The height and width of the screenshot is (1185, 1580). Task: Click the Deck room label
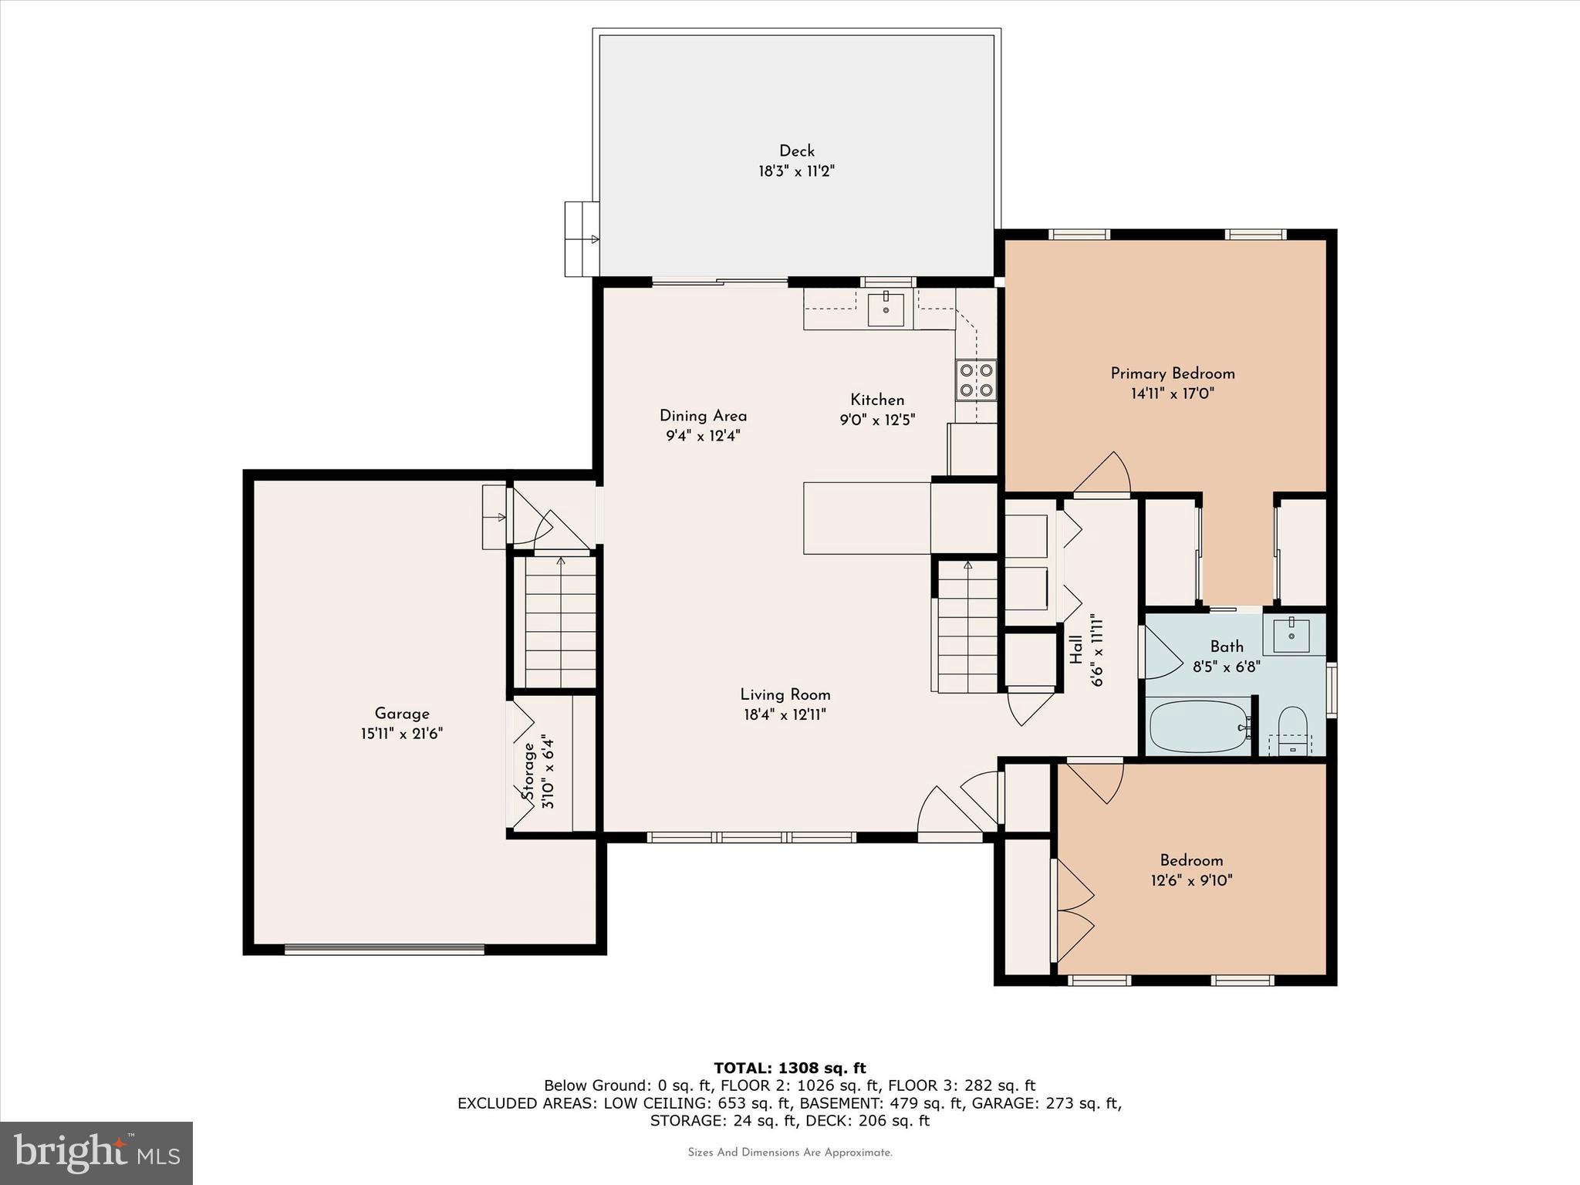(796, 151)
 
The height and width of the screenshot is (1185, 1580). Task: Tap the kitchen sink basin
(886, 309)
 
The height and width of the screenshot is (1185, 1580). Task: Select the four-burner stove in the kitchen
(976, 380)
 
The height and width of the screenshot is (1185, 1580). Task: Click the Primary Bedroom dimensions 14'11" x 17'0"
(1172, 393)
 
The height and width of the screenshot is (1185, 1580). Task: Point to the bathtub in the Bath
(1199, 727)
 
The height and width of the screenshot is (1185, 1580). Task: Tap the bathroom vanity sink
(1291, 635)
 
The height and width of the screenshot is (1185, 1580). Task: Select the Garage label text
(401, 714)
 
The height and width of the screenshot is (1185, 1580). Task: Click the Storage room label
(529, 771)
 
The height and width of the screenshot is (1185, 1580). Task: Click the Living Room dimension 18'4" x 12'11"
(785, 715)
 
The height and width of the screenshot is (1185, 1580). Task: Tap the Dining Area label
(703, 416)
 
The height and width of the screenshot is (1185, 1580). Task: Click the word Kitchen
(877, 400)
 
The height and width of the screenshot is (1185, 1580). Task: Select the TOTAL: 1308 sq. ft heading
(789, 1068)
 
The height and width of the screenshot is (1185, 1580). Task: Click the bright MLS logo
(96, 1153)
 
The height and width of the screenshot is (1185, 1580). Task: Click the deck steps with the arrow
(582, 239)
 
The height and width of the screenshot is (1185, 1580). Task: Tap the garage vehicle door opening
(384, 950)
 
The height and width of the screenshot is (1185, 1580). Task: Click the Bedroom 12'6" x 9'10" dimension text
(1191, 880)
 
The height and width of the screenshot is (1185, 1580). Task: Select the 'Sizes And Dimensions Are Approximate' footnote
(789, 1153)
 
